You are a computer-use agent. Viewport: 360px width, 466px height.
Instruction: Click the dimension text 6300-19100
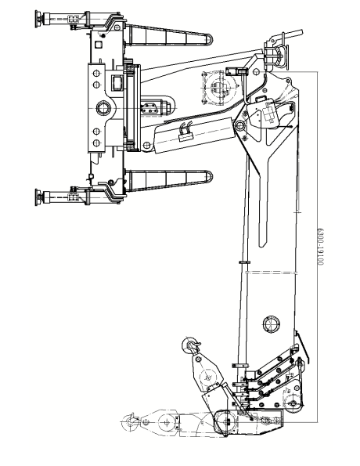320,247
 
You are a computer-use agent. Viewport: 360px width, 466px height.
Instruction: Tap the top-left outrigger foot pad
38,19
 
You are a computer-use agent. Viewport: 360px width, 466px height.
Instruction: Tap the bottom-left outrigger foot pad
38,197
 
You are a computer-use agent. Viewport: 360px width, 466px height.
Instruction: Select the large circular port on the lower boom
272,324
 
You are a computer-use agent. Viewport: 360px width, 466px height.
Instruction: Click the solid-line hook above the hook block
189,345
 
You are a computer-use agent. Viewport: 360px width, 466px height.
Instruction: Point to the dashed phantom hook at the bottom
130,421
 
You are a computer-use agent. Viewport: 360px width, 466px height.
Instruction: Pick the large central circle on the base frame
103,108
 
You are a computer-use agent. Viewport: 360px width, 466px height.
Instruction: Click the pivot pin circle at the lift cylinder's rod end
239,126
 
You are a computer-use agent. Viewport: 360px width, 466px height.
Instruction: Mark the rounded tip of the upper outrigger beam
210,40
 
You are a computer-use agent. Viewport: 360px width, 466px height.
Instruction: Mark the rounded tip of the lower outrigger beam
210,177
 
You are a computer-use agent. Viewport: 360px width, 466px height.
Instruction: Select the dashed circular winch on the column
219,88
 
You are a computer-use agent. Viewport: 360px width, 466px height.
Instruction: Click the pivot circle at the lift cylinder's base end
146,146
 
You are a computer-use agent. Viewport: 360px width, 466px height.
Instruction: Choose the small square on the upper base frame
98,45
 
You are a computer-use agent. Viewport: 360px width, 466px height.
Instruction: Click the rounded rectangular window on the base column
117,83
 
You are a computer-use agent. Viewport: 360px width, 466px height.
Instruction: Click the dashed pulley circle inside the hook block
208,378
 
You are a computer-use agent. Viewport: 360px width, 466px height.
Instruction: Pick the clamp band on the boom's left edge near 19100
244,262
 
